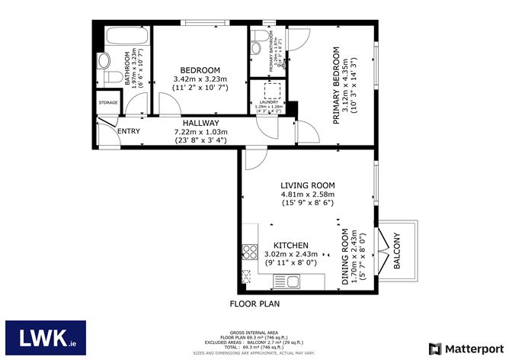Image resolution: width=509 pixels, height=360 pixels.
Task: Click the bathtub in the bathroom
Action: (x=121, y=37)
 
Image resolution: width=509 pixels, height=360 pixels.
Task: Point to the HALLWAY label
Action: (x=201, y=123)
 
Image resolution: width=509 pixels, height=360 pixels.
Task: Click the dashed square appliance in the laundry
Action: (x=271, y=92)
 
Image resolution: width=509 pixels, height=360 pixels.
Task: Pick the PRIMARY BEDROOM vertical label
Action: (x=336, y=85)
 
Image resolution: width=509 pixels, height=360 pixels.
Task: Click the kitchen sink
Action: (x=290, y=283)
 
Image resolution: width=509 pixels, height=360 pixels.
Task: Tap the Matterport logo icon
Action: (x=435, y=349)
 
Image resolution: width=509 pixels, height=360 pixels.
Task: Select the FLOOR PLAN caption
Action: (x=254, y=304)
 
